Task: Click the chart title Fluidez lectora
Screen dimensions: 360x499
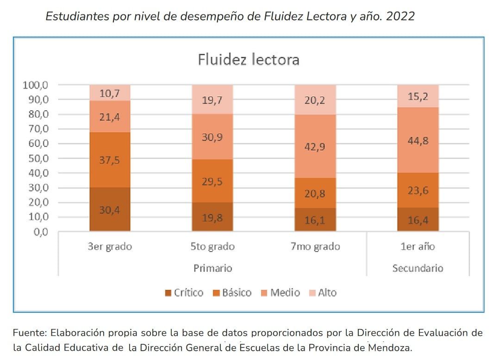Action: [x=249, y=60]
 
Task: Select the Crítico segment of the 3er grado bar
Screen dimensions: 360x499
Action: [x=110, y=209]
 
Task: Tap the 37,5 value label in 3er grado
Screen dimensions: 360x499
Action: [x=110, y=160]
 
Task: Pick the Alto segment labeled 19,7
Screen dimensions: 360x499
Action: [x=212, y=100]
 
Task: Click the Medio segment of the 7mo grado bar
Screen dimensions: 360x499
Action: [x=315, y=146]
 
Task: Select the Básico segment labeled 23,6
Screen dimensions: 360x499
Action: [x=418, y=190]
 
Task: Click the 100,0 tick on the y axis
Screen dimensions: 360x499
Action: [x=35, y=85]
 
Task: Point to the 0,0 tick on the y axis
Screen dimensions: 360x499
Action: [x=40, y=232]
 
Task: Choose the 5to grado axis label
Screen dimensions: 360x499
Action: [x=212, y=246]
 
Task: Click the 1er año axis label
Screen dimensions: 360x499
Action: [x=418, y=246]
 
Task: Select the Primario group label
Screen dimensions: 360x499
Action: [x=212, y=268]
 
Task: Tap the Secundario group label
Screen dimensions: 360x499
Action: [x=418, y=268]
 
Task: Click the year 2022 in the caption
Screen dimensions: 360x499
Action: [x=400, y=17]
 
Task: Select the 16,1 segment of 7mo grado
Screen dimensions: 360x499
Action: [x=315, y=220]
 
